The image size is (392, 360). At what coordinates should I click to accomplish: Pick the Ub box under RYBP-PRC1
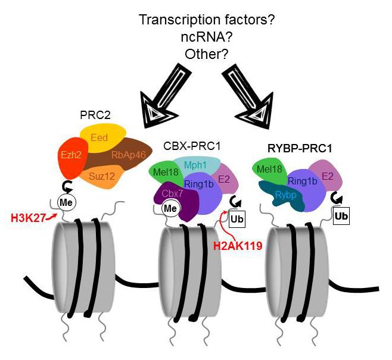(x=341, y=215)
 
